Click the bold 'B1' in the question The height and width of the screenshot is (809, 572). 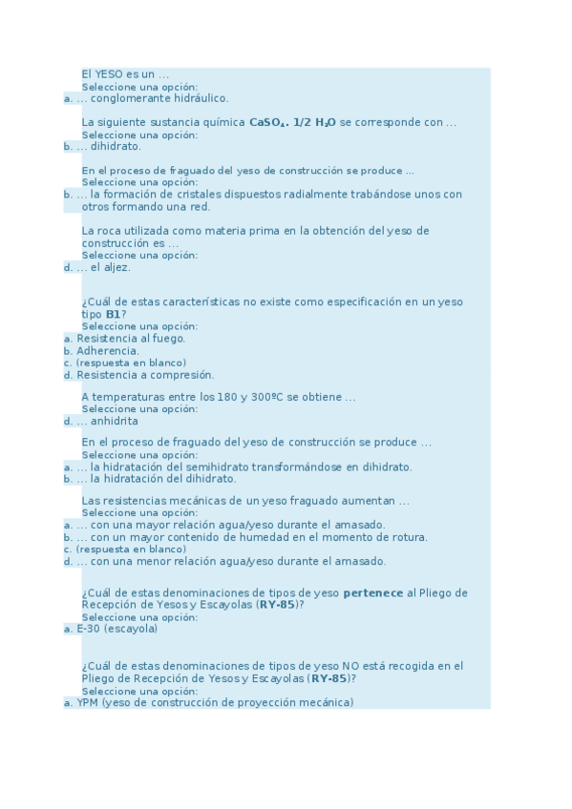pos(113,314)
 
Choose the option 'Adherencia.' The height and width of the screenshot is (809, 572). pos(108,351)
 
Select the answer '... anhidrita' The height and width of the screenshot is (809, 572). pos(107,422)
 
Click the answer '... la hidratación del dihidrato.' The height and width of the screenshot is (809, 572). pos(157,479)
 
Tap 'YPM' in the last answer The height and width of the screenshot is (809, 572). pos(88,703)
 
